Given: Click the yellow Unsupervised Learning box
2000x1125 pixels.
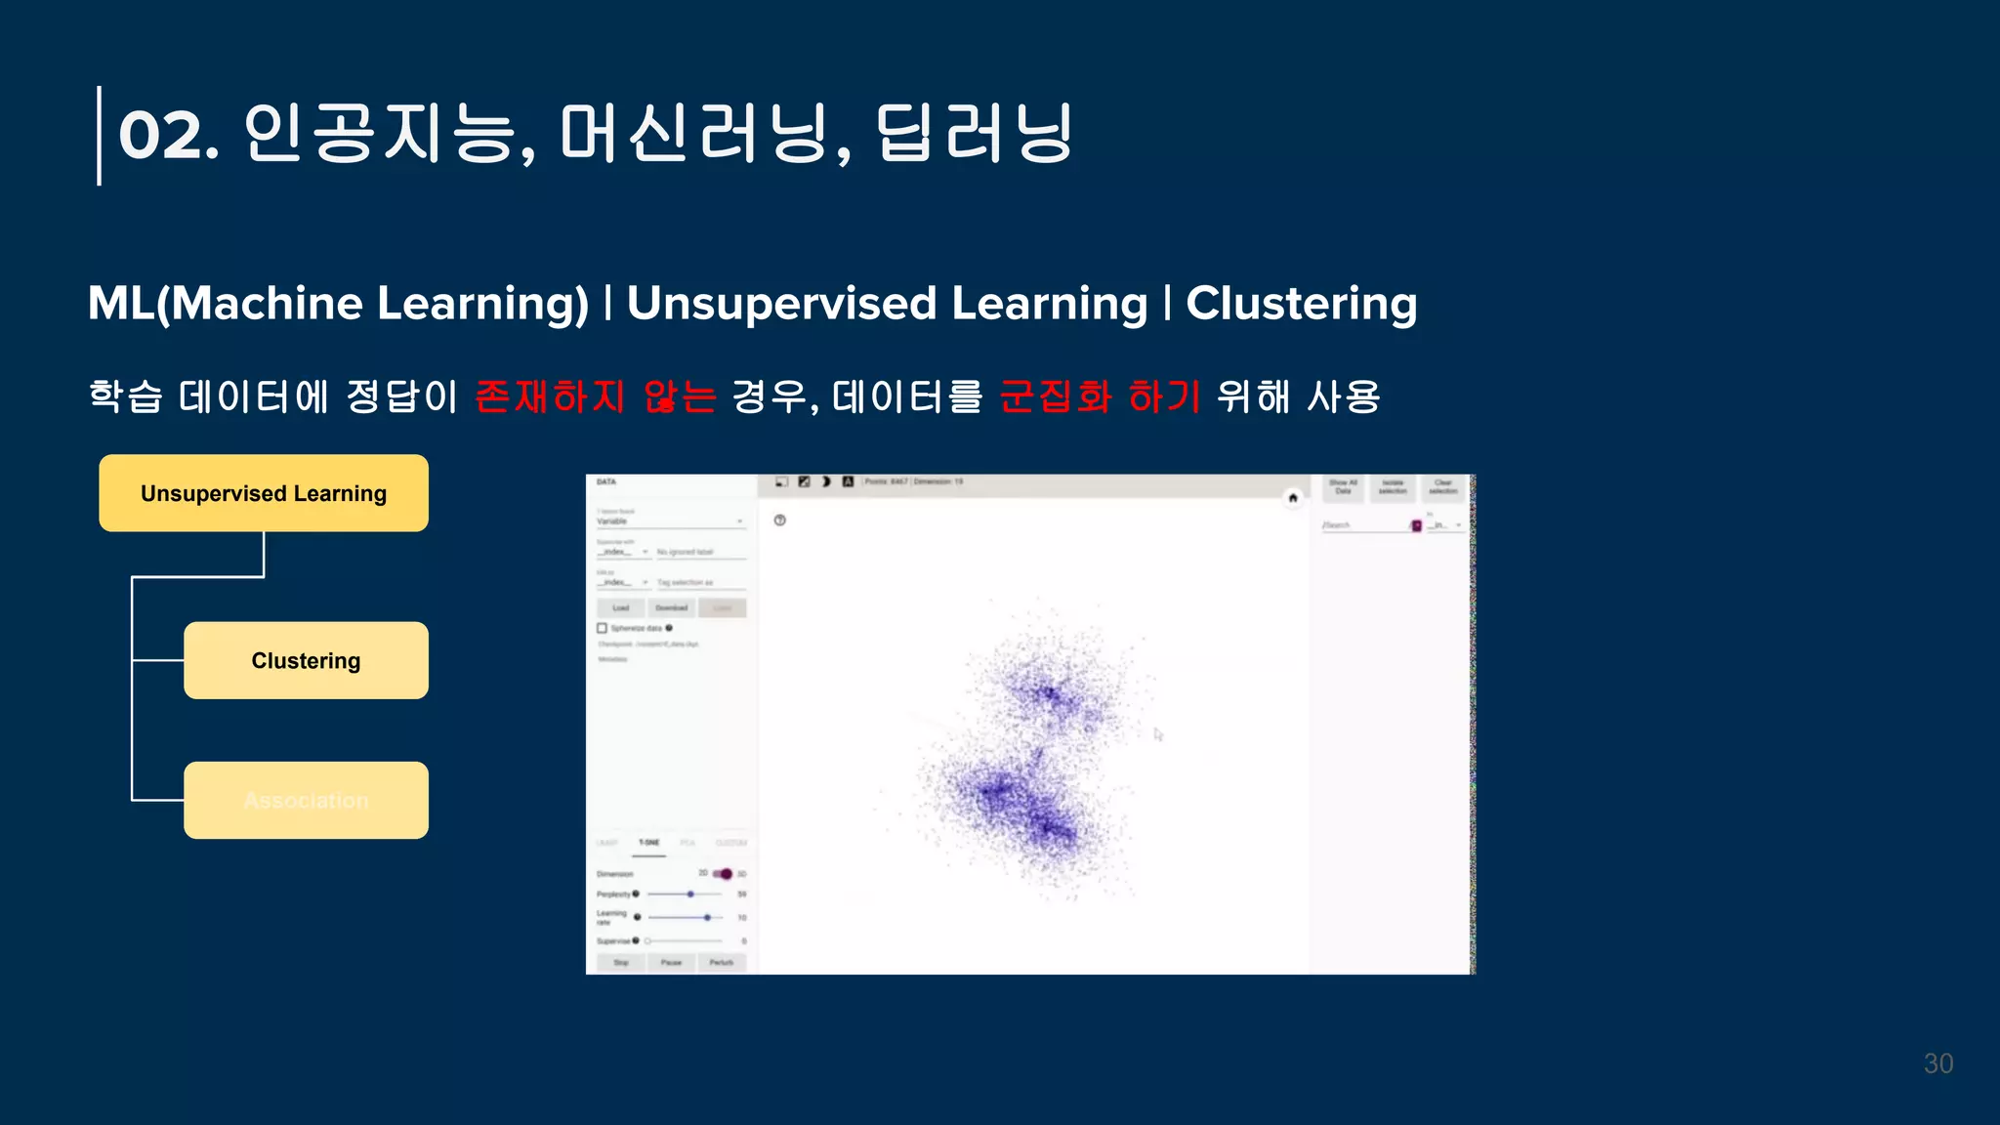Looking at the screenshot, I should [x=263, y=493].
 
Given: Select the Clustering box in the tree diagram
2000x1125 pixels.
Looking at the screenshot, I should [x=306, y=660].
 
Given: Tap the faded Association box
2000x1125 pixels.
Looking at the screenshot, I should [x=306, y=800].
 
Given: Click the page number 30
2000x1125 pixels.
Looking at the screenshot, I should [x=1937, y=1063].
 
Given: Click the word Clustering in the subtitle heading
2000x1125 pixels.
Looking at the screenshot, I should [x=1301, y=303].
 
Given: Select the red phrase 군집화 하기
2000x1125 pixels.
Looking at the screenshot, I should [x=1100, y=396].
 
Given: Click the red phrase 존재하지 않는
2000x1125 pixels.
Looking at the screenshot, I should [x=596, y=396].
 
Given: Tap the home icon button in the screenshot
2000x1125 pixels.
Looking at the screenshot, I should [x=1293, y=498].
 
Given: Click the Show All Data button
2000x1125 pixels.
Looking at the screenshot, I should [x=1343, y=486].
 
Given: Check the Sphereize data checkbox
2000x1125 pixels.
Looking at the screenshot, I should [x=603, y=628].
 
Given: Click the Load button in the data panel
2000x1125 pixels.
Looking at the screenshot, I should [x=621, y=607].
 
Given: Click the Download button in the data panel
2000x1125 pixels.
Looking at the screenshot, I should [x=672, y=607].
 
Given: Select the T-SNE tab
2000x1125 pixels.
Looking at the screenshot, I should [x=649, y=842].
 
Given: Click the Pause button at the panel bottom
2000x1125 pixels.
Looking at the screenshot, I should [x=671, y=962].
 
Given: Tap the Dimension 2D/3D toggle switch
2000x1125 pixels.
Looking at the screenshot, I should [x=723, y=873].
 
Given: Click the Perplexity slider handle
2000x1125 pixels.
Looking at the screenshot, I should [x=690, y=894].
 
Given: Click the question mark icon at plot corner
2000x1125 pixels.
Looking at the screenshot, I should [x=779, y=520].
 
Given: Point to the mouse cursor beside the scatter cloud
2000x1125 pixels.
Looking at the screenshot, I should [x=1158, y=734].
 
